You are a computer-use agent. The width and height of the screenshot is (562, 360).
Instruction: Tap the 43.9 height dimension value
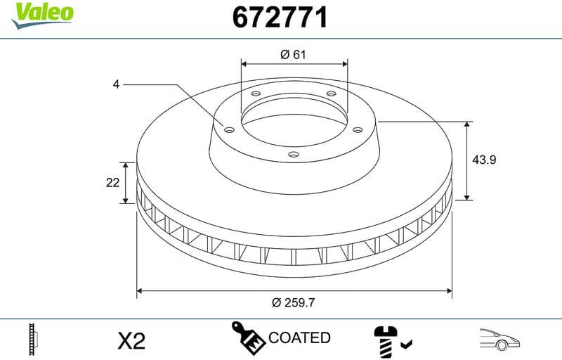[x=484, y=160]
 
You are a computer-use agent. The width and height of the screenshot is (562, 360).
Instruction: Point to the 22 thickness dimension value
[x=112, y=183]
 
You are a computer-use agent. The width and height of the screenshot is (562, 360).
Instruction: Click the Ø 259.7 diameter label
[x=293, y=302]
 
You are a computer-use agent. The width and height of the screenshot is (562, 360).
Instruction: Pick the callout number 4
[x=116, y=84]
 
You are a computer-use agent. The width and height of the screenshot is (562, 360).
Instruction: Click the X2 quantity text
[x=131, y=341]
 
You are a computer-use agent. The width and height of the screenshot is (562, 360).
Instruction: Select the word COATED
[x=299, y=338]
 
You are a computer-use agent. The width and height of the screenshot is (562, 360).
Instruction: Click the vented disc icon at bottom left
[x=32, y=340]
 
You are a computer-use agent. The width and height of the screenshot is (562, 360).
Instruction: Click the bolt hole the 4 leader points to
[x=229, y=128]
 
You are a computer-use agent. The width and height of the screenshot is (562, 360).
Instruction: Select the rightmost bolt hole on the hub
[x=357, y=129]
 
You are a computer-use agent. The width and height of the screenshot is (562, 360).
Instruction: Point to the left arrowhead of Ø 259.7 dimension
[x=140, y=289]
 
